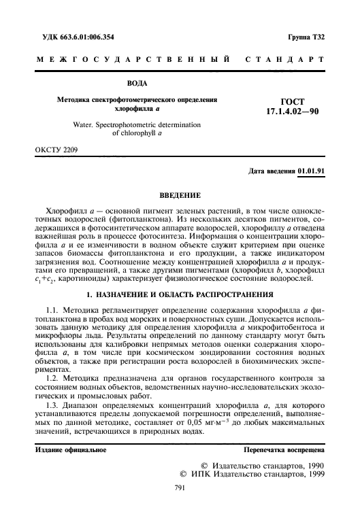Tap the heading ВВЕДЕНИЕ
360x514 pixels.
180,195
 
